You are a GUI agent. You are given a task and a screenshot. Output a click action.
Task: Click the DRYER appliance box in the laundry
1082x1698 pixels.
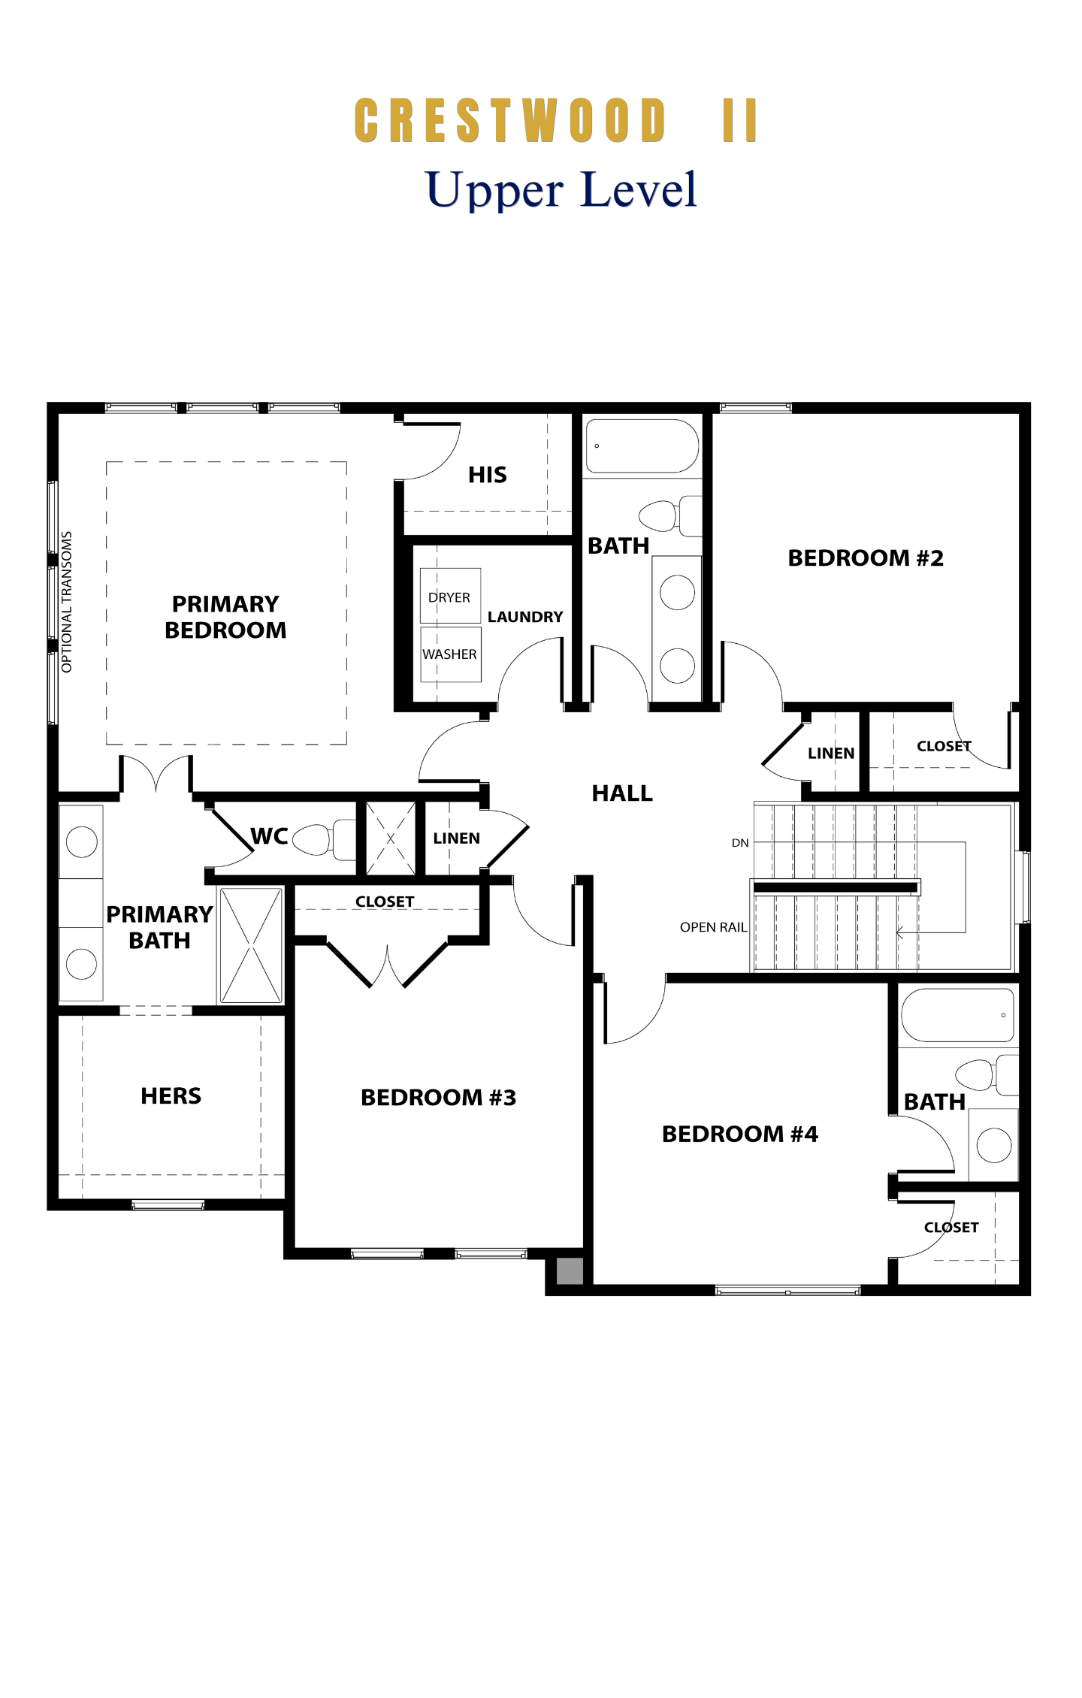coord(450,596)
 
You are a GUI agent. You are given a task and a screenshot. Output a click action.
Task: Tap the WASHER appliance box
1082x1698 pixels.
coord(450,654)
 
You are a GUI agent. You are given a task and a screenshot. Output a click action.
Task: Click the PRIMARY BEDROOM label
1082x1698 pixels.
coord(225,617)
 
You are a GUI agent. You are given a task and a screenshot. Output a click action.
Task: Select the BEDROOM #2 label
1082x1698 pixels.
coord(866,558)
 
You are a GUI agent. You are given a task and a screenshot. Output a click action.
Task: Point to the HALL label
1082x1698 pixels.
coord(622,793)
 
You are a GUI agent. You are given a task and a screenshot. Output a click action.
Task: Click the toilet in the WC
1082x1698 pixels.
coord(323,839)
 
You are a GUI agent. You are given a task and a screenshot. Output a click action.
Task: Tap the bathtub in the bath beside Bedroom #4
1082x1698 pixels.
coord(957,1015)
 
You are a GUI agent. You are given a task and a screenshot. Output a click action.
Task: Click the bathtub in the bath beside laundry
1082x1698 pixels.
coord(642,446)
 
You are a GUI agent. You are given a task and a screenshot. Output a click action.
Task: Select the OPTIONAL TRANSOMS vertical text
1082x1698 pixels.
coord(67,602)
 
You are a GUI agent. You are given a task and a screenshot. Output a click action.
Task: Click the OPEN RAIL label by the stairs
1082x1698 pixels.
coord(713,927)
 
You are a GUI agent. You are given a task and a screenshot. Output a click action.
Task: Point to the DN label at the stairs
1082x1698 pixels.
coord(740,843)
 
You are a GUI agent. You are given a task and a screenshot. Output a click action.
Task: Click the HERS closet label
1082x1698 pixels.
coord(171,1096)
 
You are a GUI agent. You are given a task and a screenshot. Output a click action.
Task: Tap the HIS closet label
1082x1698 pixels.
coord(488,475)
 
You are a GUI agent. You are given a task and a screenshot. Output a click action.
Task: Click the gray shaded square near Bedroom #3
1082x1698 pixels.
coord(569,1270)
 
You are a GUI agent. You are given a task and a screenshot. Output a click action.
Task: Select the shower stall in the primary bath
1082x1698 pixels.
coord(251,946)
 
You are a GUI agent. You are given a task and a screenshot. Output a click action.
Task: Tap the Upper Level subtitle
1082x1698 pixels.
coord(562,189)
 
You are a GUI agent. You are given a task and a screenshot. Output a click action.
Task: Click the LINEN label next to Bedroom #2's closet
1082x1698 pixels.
coord(831,753)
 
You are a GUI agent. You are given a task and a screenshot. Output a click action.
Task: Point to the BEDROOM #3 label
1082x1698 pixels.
coord(439,1098)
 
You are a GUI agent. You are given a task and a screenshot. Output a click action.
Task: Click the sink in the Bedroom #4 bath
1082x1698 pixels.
coord(994,1145)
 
